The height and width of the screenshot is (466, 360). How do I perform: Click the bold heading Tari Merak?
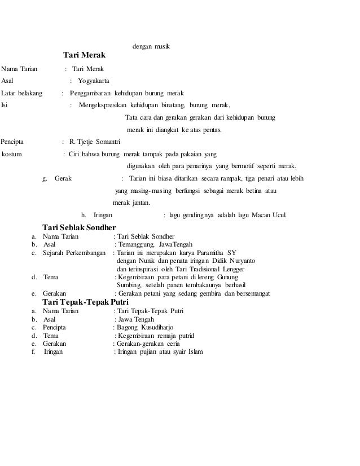[x=84, y=56]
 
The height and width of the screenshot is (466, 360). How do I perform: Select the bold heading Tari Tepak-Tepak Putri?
[x=86, y=302]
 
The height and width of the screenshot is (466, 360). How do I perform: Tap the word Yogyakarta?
[x=95, y=81]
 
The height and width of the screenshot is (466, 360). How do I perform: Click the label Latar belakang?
[x=22, y=93]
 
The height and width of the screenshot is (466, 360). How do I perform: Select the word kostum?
[x=12, y=153]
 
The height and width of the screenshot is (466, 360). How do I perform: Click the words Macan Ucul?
[x=272, y=215]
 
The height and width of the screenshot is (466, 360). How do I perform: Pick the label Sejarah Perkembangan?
[x=74, y=253]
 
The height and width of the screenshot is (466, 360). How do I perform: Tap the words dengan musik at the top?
[x=151, y=45]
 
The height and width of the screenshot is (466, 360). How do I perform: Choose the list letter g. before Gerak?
[x=45, y=178]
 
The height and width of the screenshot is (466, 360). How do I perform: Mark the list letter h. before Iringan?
[x=84, y=215]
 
